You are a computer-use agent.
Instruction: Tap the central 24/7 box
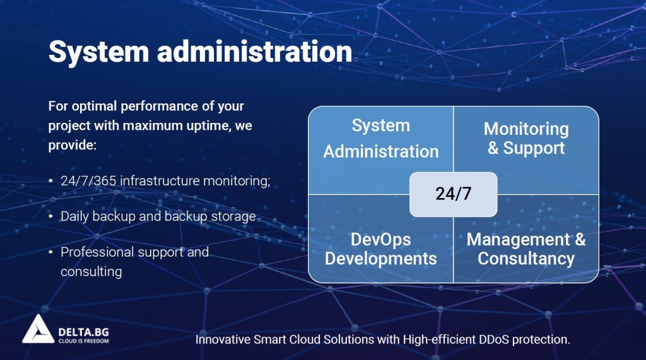[x=453, y=194]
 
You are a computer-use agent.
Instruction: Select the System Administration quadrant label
[x=380, y=139]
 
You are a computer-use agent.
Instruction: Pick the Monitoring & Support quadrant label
[x=526, y=139]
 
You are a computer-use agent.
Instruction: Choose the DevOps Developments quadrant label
[x=380, y=249]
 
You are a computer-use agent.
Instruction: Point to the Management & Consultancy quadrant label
[x=526, y=249]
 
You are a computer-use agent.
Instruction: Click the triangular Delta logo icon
[x=38, y=329]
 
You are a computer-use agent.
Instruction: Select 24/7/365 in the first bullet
[x=88, y=181]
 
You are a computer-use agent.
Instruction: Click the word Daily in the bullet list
[x=75, y=216]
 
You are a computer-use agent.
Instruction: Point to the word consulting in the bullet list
[x=91, y=272]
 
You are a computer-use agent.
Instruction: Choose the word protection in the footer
[x=542, y=339]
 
